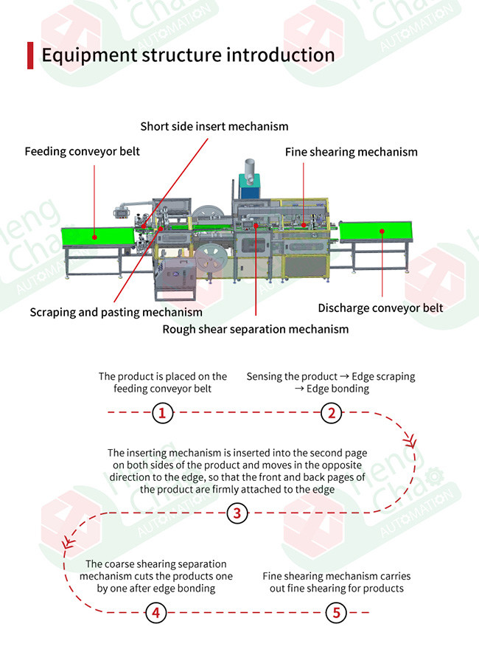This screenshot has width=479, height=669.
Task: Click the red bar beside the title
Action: [29, 55]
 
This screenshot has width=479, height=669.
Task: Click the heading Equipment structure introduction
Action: [188, 55]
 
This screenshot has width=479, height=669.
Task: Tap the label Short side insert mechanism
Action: [214, 126]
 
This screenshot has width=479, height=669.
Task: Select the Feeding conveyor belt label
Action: [83, 151]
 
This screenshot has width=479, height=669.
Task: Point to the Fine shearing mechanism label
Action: [352, 152]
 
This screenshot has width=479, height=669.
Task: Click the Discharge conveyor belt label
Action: [380, 308]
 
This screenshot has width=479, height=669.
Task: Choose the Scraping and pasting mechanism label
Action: [116, 312]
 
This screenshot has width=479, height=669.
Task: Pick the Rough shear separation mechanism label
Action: [256, 329]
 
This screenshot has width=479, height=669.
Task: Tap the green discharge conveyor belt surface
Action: [376, 231]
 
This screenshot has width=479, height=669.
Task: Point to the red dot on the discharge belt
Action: [382, 232]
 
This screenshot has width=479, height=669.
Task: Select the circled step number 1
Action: [162, 413]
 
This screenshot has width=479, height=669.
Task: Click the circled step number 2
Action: [332, 413]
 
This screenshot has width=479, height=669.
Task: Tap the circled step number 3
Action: [237, 513]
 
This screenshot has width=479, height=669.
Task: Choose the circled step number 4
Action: [156, 613]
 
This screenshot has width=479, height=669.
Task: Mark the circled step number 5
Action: [336, 613]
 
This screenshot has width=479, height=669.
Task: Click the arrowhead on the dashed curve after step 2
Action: [411, 442]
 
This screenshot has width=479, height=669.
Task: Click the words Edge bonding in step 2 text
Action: [338, 389]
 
